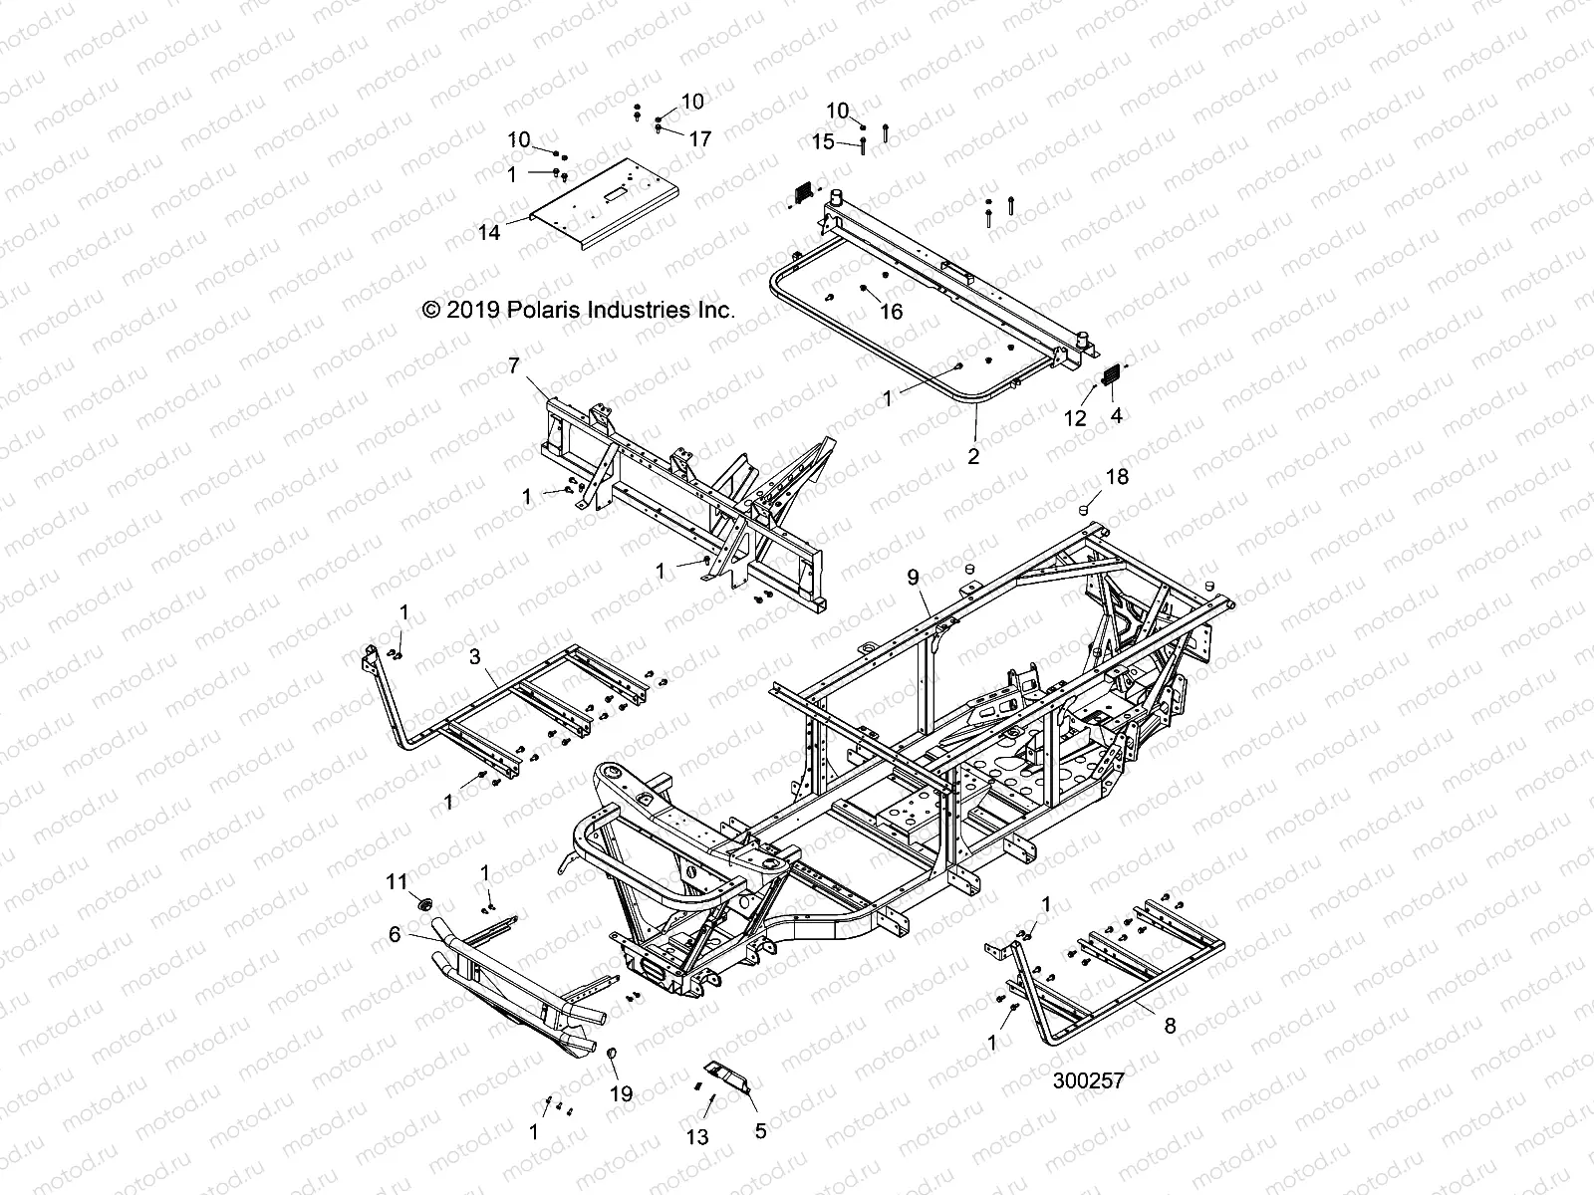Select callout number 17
coord(700,139)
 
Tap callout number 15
coord(823,142)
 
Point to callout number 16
coord(891,312)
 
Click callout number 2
coord(973,456)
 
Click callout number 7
coord(513,365)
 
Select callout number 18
coord(1118,477)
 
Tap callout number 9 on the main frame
coord(912,577)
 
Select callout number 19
coord(621,1094)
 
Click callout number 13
coord(698,1136)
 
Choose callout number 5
coord(761,1130)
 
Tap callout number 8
coord(1170,1026)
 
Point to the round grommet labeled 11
coord(421,904)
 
